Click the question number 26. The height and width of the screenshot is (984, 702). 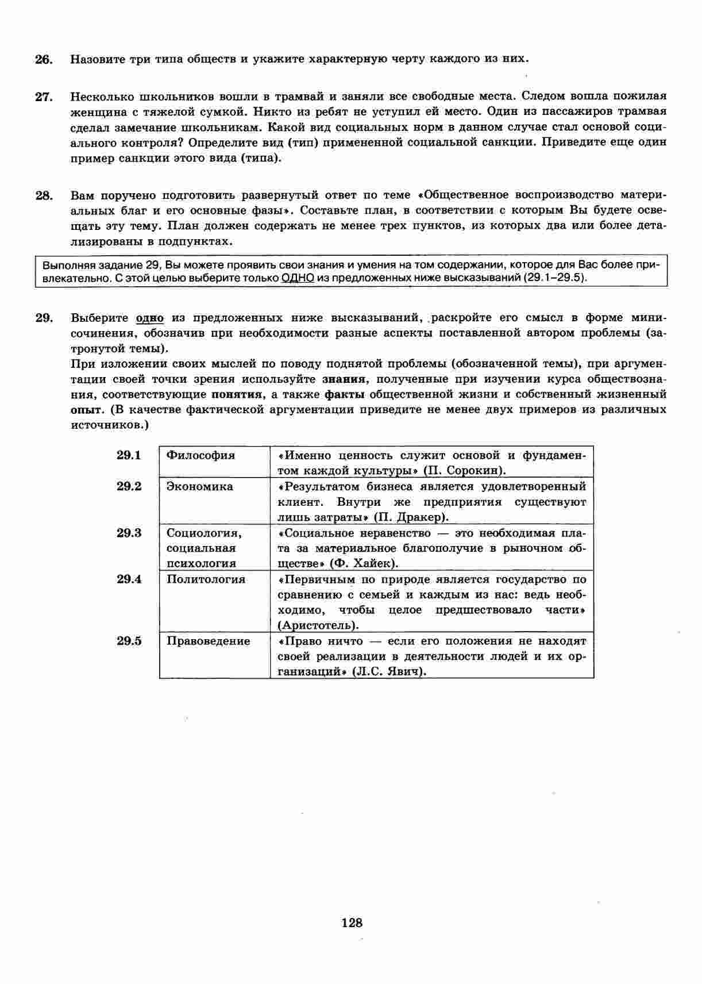click(44, 59)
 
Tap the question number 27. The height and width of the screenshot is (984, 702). click(44, 97)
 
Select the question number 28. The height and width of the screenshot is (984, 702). click(44, 195)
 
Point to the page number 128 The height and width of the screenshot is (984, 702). click(352, 923)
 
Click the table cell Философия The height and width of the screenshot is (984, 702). click(200, 455)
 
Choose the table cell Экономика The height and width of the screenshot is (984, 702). click(199, 486)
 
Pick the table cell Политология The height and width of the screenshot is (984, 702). click(206, 579)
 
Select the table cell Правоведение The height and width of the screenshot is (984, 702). click(208, 641)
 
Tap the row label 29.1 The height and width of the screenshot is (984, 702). click(129, 455)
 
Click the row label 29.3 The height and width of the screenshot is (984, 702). click(129, 533)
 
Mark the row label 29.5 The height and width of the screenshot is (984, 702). click(129, 641)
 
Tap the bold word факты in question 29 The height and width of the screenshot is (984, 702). click(344, 394)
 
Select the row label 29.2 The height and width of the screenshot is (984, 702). click(129, 486)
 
